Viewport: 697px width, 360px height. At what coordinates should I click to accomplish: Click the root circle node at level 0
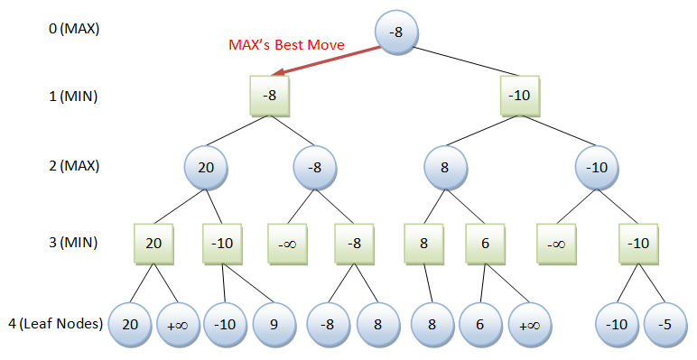[x=396, y=32]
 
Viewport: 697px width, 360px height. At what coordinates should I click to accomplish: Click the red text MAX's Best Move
[x=286, y=45]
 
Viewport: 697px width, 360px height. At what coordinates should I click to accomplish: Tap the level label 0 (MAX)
[x=74, y=30]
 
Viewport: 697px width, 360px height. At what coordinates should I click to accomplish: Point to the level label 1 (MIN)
[x=73, y=97]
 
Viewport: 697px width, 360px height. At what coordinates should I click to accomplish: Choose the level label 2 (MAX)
[x=74, y=166]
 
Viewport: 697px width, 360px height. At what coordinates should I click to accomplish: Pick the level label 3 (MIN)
[x=73, y=243]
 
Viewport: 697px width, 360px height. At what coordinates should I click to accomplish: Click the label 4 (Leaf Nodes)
[x=56, y=324]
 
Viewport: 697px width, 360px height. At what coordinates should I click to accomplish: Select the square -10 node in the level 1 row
[x=520, y=96]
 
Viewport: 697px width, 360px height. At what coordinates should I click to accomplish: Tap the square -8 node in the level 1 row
[x=269, y=96]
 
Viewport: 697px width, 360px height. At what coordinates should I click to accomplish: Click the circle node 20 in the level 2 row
[x=206, y=168]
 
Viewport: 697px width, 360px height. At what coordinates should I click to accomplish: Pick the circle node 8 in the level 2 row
[x=445, y=168]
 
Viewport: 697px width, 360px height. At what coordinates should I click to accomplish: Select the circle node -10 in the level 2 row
[x=597, y=168]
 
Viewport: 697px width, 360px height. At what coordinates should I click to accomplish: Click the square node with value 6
[x=485, y=244]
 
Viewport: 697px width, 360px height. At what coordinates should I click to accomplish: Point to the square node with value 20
[x=153, y=244]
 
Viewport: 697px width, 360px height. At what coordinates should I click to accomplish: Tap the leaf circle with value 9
[x=274, y=325]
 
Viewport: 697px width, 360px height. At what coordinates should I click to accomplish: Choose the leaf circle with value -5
[x=665, y=325]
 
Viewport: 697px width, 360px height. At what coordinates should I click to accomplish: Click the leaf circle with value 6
[x=480, y=325]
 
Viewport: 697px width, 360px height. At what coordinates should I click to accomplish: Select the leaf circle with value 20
[x=130, y=325]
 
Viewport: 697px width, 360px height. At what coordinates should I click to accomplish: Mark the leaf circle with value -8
[x=328, y=325]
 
